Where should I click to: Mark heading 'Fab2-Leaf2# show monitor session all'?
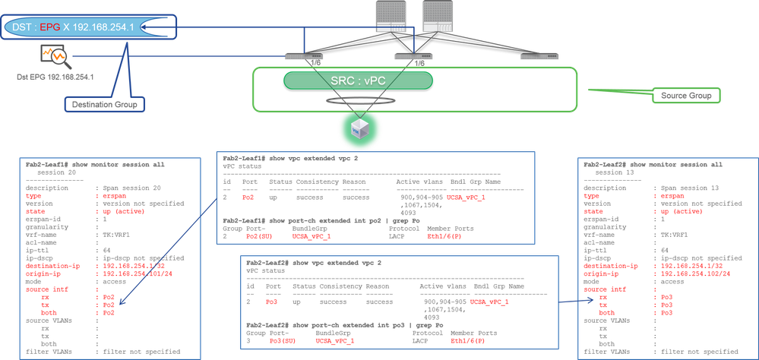tap(651, 164)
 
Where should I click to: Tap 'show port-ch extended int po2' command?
tap(331, 220)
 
